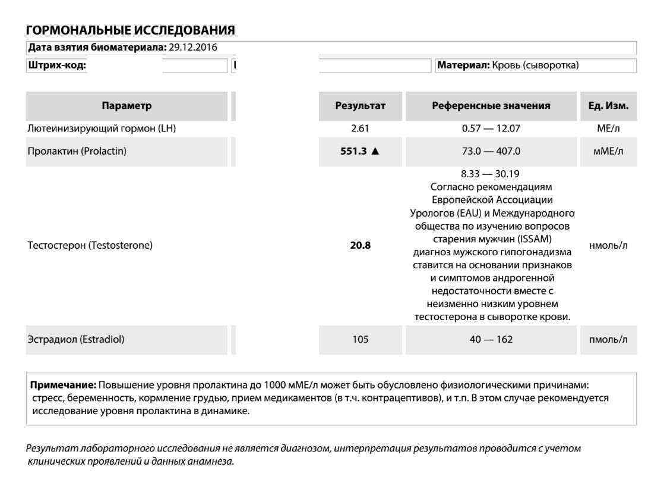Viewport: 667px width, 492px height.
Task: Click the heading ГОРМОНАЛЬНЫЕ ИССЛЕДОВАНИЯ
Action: tap(131, 29)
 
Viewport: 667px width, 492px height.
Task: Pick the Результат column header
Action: tap(361, 106)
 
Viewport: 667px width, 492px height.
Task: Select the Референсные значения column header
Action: tap(491, 106)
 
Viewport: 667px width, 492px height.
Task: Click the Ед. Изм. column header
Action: tap(607, 106)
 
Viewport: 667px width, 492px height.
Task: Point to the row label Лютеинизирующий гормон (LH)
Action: tap(102, 128)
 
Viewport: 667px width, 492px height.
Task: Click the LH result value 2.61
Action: tap(361, 128)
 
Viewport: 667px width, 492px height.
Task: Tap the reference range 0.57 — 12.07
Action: tap(491, 128)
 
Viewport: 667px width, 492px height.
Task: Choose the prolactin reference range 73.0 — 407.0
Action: tap(491, 151)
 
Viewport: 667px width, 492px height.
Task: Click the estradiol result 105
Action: tap(361, 340)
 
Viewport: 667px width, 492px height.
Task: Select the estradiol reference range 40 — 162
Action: tap(491, 340)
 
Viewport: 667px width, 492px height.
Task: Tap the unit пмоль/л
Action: tap(607, 340)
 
